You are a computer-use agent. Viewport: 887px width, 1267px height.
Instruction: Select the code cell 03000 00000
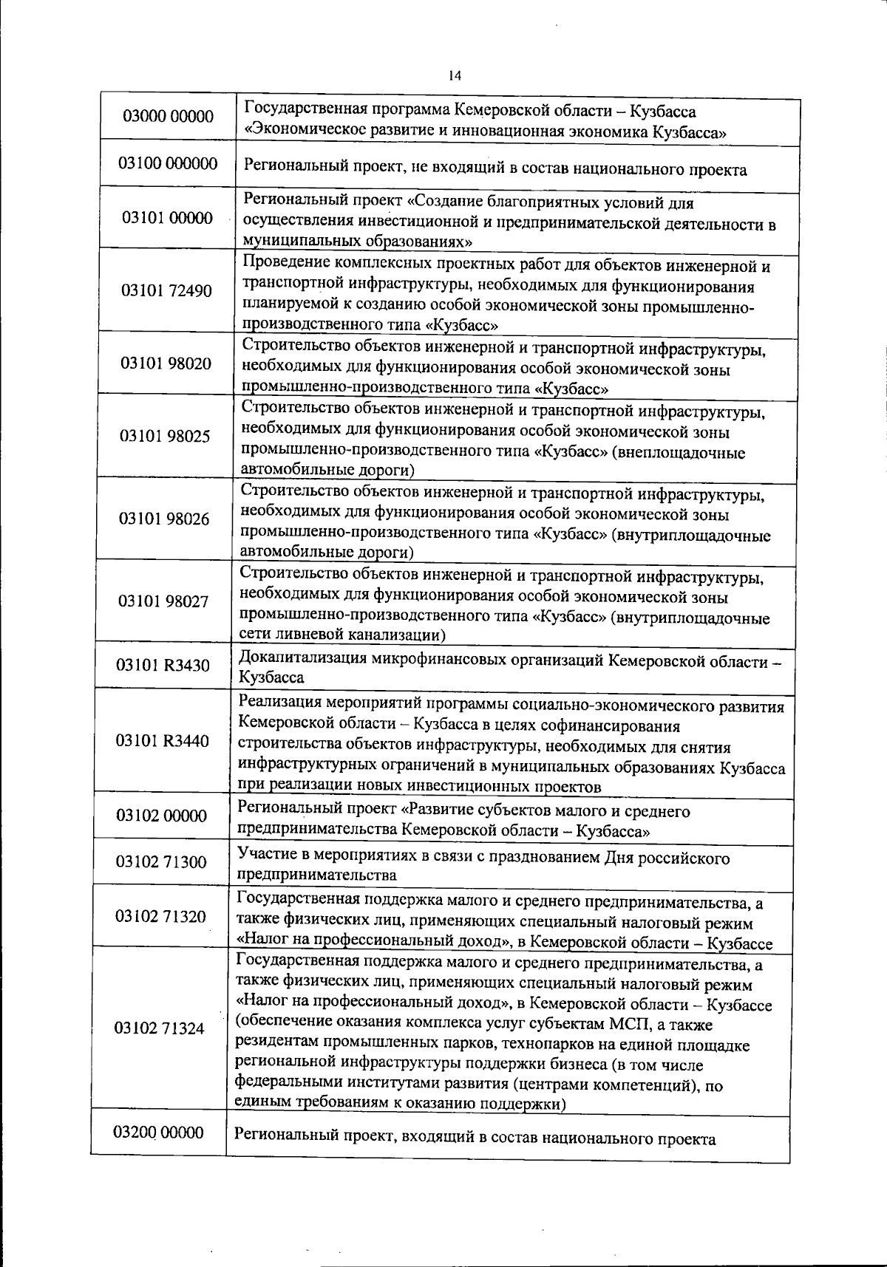pyautogui.click(x=168, y=116)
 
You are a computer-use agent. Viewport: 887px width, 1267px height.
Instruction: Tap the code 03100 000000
pyautogui.click(x=168, y=163)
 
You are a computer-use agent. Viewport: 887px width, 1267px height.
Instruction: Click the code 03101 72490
pyautogui.click(x=167, y=290)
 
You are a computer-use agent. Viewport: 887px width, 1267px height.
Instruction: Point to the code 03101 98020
pyautogui.click(x=166, y=363)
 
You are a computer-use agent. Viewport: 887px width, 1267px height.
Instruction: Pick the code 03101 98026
pyautogui.click(x=165, y=519)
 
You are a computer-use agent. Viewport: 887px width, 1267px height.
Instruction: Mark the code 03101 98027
pyautogui.click(x=164, y=601)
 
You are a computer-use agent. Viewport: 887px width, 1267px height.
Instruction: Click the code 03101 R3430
pyautogui.click(x=163, y=666)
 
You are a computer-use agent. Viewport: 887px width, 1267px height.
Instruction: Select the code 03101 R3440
pyautogui.click(x=163, y=741)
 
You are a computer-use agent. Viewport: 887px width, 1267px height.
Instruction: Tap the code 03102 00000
pyautogui.click(x=162, y=816)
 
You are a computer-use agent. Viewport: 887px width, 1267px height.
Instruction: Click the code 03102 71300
pyautogui.click(x=161, y=861)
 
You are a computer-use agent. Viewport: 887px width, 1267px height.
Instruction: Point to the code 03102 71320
pyautogui.click(x=160, y=917)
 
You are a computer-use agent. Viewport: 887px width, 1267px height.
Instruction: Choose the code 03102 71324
pyautogui.click(x=160, y=1028)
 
